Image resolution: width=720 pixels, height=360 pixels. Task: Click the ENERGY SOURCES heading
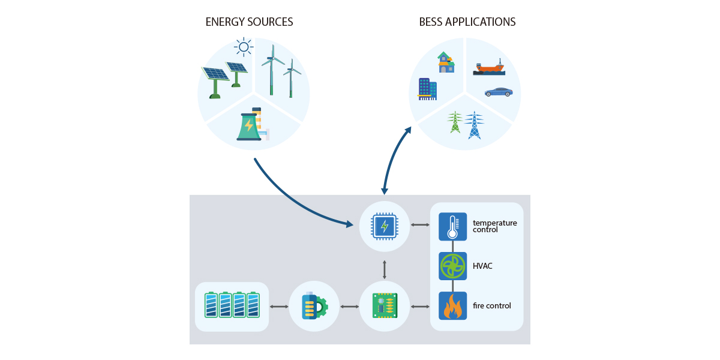coord(249,22)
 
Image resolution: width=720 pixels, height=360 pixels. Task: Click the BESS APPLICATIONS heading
coord(467,22)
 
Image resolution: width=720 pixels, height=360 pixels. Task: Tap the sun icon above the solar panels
coord(243,46)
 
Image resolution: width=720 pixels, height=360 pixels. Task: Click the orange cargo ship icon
coord(489,68)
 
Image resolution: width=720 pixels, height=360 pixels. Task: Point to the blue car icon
coord(499,92)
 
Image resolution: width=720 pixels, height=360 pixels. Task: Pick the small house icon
coord(445,62)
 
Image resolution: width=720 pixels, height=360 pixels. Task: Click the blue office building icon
coord(427,89)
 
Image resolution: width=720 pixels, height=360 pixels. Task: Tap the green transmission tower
coord(455,122)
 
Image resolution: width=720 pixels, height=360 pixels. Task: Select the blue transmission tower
coord(474,125)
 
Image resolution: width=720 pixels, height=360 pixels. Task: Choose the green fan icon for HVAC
coord(452,266)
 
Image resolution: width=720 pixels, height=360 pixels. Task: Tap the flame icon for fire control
coord(452,306)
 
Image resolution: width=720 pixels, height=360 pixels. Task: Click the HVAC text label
coord(482,266)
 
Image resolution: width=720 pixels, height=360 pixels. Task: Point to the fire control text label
coord(492,306)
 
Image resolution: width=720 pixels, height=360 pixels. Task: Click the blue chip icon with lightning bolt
coord(384,226)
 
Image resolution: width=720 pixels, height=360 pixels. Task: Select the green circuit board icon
coord(384,306)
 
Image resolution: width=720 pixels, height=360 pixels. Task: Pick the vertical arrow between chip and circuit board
coord(384,269)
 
